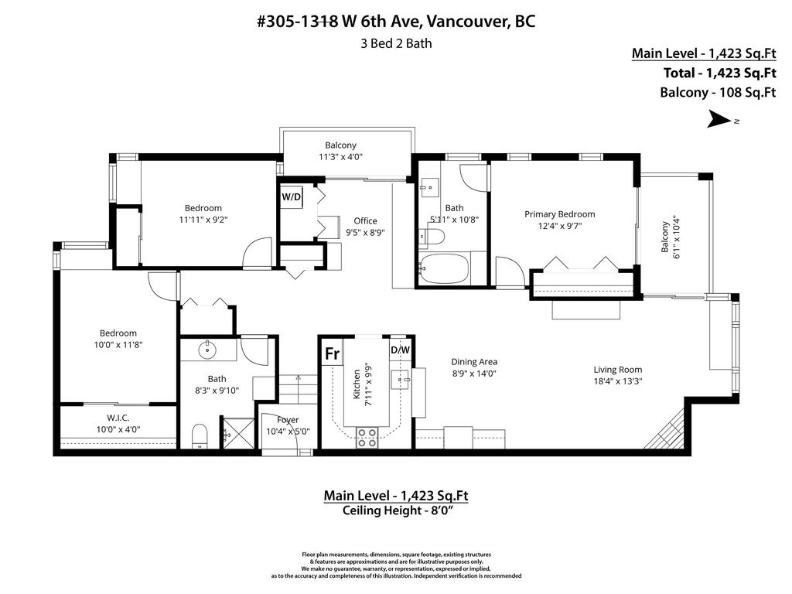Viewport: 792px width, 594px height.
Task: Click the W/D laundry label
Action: tap(291, 196)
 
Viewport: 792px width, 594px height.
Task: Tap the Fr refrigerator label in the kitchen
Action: tap(332, 353)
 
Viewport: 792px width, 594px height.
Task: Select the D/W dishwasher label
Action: tap(400, 350)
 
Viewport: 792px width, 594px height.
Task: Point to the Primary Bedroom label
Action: tap(559, 214)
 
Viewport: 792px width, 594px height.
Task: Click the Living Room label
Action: tap(617, 369)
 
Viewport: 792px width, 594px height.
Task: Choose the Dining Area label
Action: tap(474, 361)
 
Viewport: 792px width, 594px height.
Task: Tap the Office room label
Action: tap(365, 220)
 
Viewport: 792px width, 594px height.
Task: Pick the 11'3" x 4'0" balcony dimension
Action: tap(340, 156)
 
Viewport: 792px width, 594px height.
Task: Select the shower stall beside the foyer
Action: tap(238, 433)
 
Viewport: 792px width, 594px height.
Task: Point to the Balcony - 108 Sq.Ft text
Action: tap(717, 93)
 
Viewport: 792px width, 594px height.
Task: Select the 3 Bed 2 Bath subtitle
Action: tap(396, 43)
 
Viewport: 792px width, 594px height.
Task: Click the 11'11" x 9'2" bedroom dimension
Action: tap(203, 220)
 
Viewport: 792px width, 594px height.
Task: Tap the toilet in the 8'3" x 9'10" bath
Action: tap(200, 438)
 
